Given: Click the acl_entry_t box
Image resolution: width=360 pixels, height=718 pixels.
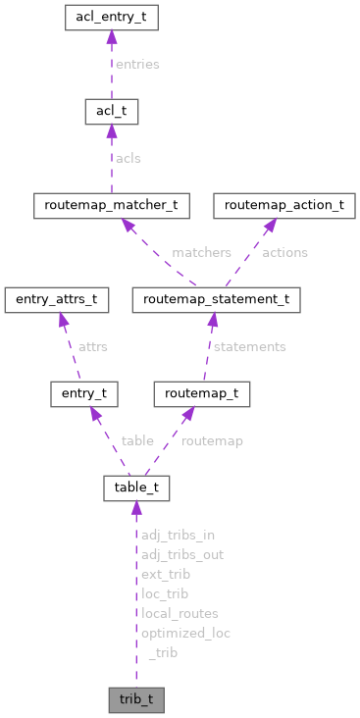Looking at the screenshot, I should click(x=111, y=17).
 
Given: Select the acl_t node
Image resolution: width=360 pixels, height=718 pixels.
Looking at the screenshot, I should click(x=111, y=111).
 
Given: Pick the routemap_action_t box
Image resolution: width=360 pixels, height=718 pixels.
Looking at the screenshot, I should click(x=284, y=206).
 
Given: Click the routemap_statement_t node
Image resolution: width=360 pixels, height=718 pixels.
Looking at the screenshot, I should click(x=216, y=300).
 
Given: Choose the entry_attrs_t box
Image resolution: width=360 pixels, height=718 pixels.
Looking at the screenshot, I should click(x=55, y=300).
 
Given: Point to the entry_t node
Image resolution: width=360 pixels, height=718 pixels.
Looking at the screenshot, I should click(x=84, y=394).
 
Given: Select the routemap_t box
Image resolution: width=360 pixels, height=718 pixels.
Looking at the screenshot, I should click(x=202, y=394).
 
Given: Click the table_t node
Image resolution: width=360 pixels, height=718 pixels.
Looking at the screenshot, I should click(x=137, y=488).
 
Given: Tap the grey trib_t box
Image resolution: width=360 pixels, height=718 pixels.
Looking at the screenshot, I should click(x=136, y=700).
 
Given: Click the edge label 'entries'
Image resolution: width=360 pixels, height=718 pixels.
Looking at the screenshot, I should click(x=137, y=64).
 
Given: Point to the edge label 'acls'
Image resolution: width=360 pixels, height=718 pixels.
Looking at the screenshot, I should click(x=129, y=158).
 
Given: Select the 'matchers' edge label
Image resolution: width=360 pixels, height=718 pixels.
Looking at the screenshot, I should click(x=200, y=252).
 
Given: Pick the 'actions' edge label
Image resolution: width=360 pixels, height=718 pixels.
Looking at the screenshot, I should click(x=284, y=252).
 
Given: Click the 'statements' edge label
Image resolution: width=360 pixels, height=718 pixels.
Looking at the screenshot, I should click(x=249, y=346).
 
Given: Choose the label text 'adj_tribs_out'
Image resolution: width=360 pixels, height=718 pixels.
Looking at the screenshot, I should click(x=181, y=554).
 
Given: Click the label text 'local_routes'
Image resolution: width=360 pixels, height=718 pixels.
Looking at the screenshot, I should click(x=180, y=613).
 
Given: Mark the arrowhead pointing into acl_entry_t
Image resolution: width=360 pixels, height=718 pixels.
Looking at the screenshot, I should click(x=111, y=37).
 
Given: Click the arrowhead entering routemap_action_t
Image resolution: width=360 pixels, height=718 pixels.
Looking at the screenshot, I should click(x=267, y=226).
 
